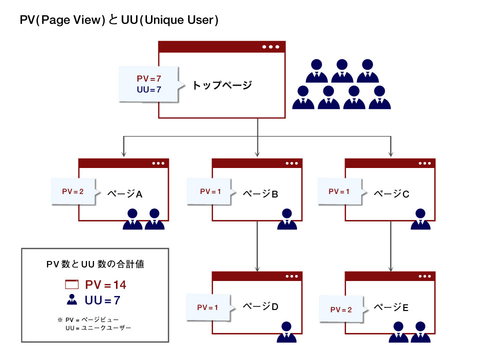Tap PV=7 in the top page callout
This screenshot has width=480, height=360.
149,79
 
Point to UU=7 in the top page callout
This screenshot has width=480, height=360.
149,89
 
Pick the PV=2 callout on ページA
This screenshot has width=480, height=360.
72,191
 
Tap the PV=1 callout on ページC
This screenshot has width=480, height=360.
339,191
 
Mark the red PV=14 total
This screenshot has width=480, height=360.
105,285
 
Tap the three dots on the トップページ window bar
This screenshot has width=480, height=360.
270,47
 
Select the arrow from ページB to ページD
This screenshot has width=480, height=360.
257,245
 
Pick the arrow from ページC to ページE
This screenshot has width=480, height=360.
390,245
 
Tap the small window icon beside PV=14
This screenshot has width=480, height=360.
72,285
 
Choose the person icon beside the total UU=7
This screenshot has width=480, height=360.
72,300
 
